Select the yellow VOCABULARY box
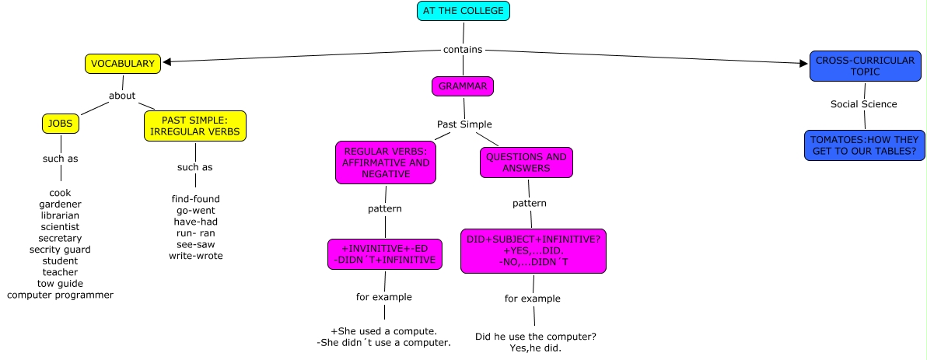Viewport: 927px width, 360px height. click(123, 64)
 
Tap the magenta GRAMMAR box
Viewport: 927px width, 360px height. click(463, 86)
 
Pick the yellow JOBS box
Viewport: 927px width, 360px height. click(60, 123)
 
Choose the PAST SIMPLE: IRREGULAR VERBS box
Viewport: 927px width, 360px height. click(194, 126)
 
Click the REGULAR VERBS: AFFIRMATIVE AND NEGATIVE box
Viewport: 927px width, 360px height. click(386, 163)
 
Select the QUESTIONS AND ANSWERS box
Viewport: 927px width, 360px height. click(526, 162)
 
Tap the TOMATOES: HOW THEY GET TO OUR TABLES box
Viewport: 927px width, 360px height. click(864, 145)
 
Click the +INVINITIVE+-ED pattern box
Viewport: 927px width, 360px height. click(385, 253)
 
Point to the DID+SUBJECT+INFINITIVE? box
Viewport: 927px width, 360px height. click(533, 251)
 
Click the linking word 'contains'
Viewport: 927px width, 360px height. click(463, 50)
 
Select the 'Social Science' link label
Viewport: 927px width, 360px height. click(863, 104)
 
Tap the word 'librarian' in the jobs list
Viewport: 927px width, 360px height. click(60, 215)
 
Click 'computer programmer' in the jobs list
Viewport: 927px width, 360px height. click(60, 295)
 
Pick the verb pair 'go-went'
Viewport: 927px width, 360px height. click(195, 210)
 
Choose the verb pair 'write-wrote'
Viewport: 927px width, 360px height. click(195, 255)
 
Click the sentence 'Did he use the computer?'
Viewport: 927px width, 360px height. click(536, 337)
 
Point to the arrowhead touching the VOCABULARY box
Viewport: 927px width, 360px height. click(166, 62)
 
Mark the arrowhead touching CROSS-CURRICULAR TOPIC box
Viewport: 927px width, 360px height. click(804, 64)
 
